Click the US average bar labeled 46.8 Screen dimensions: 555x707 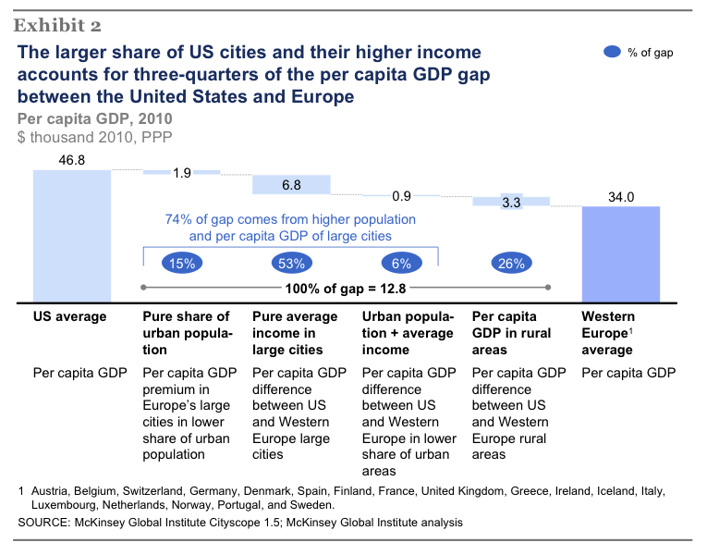pyautogui.click(x=71, y=236)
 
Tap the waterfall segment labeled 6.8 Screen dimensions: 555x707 pyautogui.click(x=291, y=185)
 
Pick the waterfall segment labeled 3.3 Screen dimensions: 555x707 pyautogui.click(x=511, y=201)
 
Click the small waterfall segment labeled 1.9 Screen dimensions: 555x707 pyautogui.click(x=181, y=172)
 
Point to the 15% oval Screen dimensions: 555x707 pyautogui.click(x=182, y=264)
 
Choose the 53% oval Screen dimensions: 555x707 pyautogui.click(x=291, y=264)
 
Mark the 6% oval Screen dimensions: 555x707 pyautogui.click(x=401, y=264)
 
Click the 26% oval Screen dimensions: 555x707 pyautogui.click(x=510, y=264)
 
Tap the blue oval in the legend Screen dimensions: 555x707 pyautogui.click(x=612, y=53)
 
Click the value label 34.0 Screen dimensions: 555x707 pyautogui.click(x=620, y=196)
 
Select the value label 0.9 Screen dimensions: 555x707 pyautogui.click(x=401, y=196)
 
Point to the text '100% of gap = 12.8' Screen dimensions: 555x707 pyautogui.click(x=346, y=288)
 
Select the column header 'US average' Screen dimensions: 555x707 pyautogui.click(x=69, y=316)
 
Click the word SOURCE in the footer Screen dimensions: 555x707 pyautogui.click(x=44, y=524)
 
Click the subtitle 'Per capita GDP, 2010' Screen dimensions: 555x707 pyautogui.click(x=94, y=118)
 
